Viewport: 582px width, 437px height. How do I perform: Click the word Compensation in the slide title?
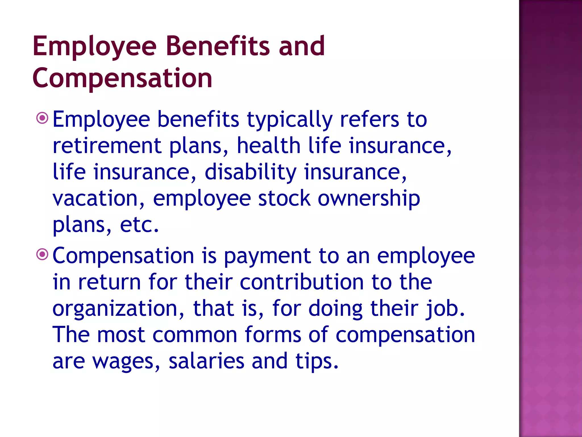tap(122, 78)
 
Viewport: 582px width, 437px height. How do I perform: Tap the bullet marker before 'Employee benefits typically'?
tap(42, 118)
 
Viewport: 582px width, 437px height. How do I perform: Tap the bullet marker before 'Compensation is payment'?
tap(42, 254)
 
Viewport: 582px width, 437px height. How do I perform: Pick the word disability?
tap(250, 172)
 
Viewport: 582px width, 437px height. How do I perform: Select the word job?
tap(445, 309)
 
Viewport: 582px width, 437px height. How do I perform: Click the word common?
tap(195, 335)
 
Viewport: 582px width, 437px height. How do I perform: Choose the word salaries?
tap(206, 361)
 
